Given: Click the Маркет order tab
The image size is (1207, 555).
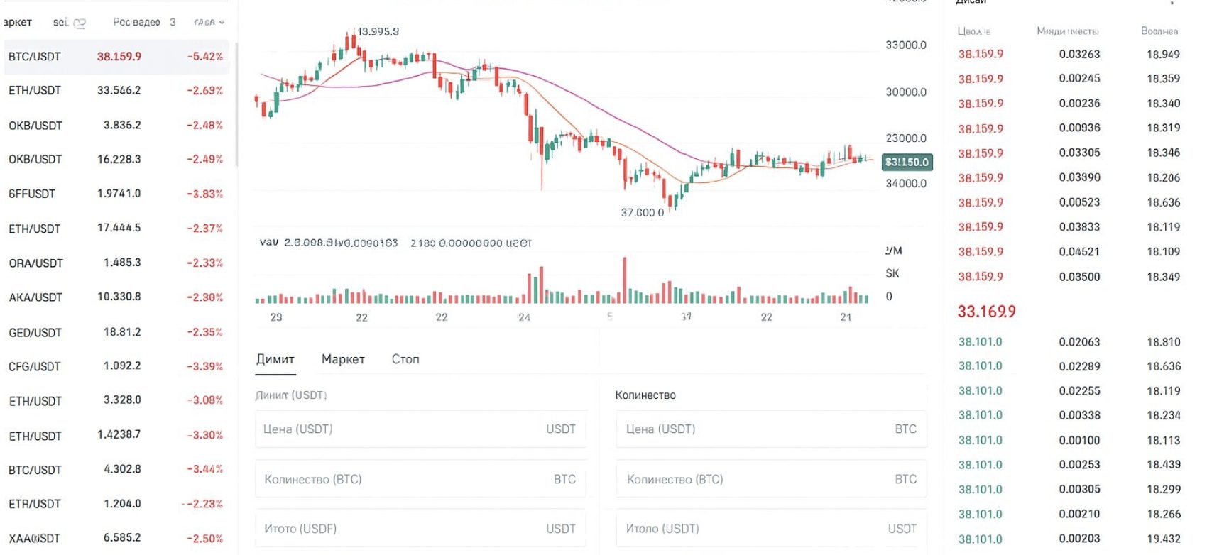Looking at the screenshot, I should (343, 359).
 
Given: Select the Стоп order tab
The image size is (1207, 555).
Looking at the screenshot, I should (405, 359).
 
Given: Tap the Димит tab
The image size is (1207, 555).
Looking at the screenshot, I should (275, 359).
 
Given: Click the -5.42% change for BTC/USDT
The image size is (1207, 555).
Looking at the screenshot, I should (204, 57).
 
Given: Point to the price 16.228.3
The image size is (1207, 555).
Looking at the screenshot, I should (119, 159).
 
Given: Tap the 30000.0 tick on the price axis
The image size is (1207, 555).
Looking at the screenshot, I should (906, 92).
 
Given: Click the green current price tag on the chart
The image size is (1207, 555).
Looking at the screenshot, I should (907, 163).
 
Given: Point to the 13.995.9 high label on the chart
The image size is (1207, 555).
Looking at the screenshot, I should (378, 32).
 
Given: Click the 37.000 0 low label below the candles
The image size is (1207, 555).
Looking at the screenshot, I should (643, 213).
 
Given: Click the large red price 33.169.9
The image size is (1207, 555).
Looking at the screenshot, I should (986, 311).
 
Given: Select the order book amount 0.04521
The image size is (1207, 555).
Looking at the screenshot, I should (1079, 252).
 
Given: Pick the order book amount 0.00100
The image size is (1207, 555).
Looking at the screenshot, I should (1079, 440).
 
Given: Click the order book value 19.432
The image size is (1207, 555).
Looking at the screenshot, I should (1164, 539).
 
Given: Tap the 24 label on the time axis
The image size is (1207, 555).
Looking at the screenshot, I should (524, 317).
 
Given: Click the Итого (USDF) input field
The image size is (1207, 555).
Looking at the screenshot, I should (420, 529).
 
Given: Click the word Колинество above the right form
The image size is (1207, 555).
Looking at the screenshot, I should (645, 395).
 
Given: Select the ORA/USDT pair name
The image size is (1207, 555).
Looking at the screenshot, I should (35, 263).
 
